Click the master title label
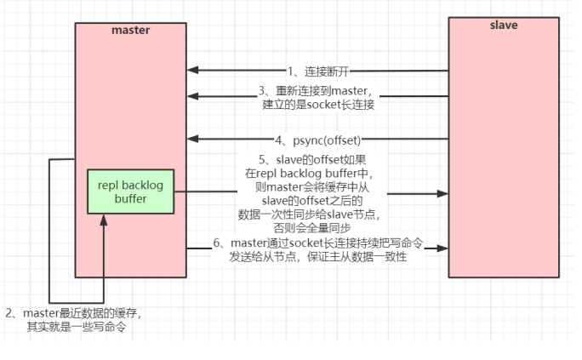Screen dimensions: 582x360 tap(131, 30)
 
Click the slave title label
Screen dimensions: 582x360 tap(504, 26)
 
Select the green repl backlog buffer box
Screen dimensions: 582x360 tap(131, 191)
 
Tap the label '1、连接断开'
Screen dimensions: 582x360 tap(318, 71)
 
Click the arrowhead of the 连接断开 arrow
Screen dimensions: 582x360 tap(192, 70)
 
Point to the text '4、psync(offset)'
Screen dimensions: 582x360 tap(318, 140)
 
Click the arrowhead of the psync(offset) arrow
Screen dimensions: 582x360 tap(192, 139)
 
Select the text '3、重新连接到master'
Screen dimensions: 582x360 tap(314, 90)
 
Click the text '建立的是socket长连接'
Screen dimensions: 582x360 tap(318, 105)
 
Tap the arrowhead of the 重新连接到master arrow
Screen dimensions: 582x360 tap(192, 96)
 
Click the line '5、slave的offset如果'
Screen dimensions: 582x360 tap(312, 160)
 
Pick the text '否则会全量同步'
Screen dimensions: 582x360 tap(312, 228)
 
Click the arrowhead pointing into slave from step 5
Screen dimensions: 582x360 tap(442, 193)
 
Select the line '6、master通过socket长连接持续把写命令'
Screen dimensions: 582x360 tap(318, 243)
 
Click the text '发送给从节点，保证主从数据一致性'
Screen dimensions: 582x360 tap(318, 257)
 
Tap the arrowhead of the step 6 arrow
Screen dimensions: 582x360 tap(442, 249)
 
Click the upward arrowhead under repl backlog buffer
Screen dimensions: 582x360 tap(104, 220)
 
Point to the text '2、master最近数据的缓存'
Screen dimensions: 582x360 tap(73, 313)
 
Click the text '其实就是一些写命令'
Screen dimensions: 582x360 tap(77, 327)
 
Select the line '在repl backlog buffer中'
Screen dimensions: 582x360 tap(309, 174)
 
